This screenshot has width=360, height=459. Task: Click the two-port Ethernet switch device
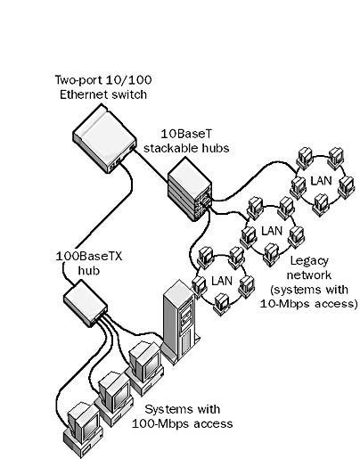click(x=104, y=138)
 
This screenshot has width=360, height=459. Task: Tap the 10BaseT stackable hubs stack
click(x=190, y=190)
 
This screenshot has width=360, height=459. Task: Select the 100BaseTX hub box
click(x=86, y=303)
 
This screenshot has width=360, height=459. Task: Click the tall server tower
click(x=181, y=321)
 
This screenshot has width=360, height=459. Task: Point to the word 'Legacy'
click(x=309, y=261)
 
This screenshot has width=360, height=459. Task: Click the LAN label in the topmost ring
click(x=321, y=181)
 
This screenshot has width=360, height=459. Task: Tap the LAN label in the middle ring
click(x=272, y=231)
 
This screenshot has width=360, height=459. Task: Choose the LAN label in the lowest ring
click(x=222, y=281)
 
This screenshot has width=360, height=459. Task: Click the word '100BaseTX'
click(x=89, y=256)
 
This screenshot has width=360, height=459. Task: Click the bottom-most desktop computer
click(x=84, y=429)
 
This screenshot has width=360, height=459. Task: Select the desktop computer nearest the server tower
click(x=145, y=367)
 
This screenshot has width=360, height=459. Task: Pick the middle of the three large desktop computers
click(x=115, y=398)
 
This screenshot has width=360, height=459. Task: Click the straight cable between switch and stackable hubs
click(x=151, y=166)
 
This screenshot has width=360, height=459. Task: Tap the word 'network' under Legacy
click(x=309, y=275)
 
